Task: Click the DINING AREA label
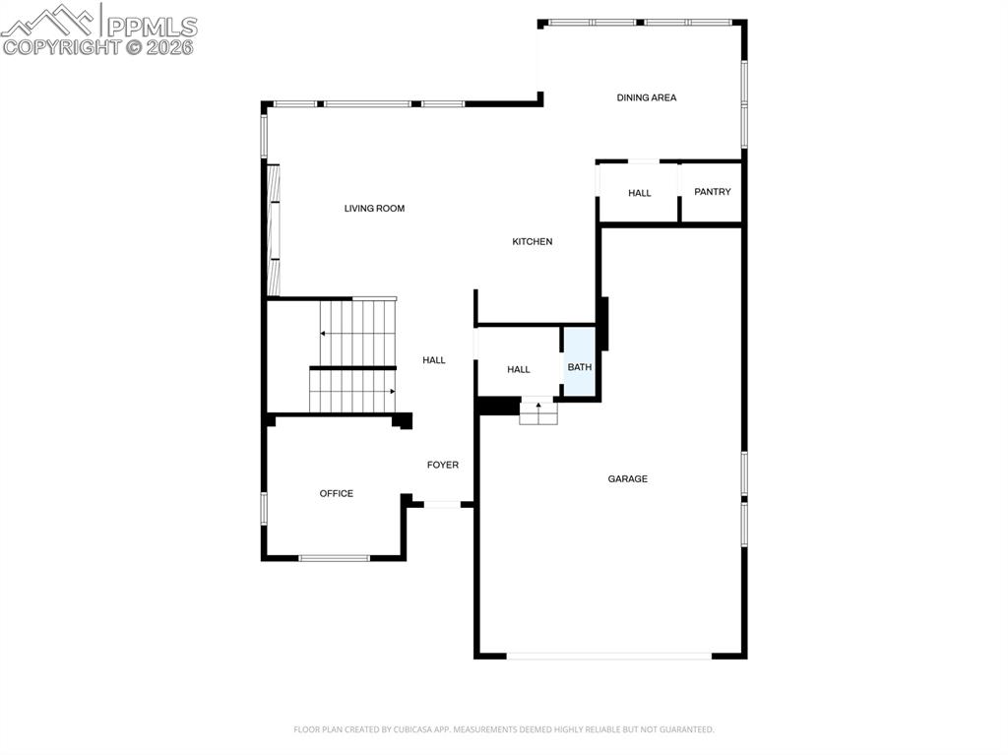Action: (646, 97)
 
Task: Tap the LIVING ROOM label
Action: (374, 209)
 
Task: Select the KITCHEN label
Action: (532, 242)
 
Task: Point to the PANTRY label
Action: (712, 192)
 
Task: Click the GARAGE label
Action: (627, 479)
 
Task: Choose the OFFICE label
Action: (336, 494)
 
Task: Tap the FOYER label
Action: (442, 465)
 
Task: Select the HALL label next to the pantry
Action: (639, 193)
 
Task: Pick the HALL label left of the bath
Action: (518, 370)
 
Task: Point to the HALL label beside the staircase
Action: (433, 360)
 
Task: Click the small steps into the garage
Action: (538, 413)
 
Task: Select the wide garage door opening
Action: (609, 656)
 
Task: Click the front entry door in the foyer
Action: (442, 505)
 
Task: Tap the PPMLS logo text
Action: (150, 26)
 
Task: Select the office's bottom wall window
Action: (334, 558)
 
